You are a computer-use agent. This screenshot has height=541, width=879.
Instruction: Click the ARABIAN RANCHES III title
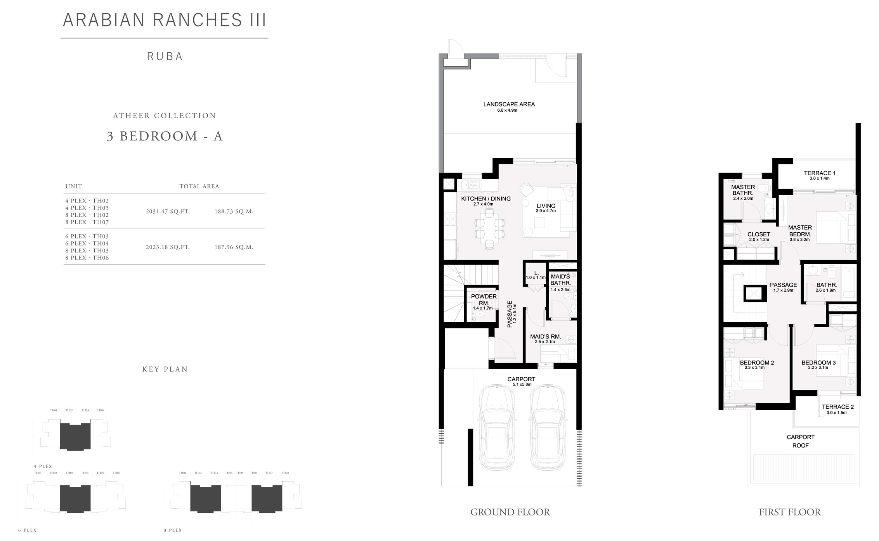[165, 20]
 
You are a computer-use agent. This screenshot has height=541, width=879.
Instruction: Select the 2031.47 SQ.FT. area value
[168, 212]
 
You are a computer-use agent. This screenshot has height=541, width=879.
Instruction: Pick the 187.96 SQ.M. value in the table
[234, 247]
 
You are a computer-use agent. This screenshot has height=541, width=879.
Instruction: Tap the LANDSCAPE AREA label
[509, 104]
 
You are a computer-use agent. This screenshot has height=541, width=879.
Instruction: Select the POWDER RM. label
[484, 300]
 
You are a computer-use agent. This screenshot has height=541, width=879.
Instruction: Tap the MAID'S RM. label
[545, 337]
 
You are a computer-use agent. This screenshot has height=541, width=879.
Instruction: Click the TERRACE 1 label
[820, 173]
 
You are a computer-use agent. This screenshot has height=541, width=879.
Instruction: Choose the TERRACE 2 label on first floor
[837, 407]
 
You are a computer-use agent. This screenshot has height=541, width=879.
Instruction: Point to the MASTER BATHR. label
[743, 190]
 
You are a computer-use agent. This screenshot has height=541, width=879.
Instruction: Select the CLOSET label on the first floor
[759, 235]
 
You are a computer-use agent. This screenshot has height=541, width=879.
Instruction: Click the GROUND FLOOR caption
[510, 512]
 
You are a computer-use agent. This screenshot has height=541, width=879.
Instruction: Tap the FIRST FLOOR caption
[790, 512]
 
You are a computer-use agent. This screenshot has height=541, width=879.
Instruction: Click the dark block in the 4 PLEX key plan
[75, 437]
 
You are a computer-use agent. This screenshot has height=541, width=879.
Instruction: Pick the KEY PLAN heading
[165, 369]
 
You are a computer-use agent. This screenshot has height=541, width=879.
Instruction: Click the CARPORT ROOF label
[800, 441]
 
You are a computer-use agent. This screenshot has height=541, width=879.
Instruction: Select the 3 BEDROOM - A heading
[165, 136]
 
